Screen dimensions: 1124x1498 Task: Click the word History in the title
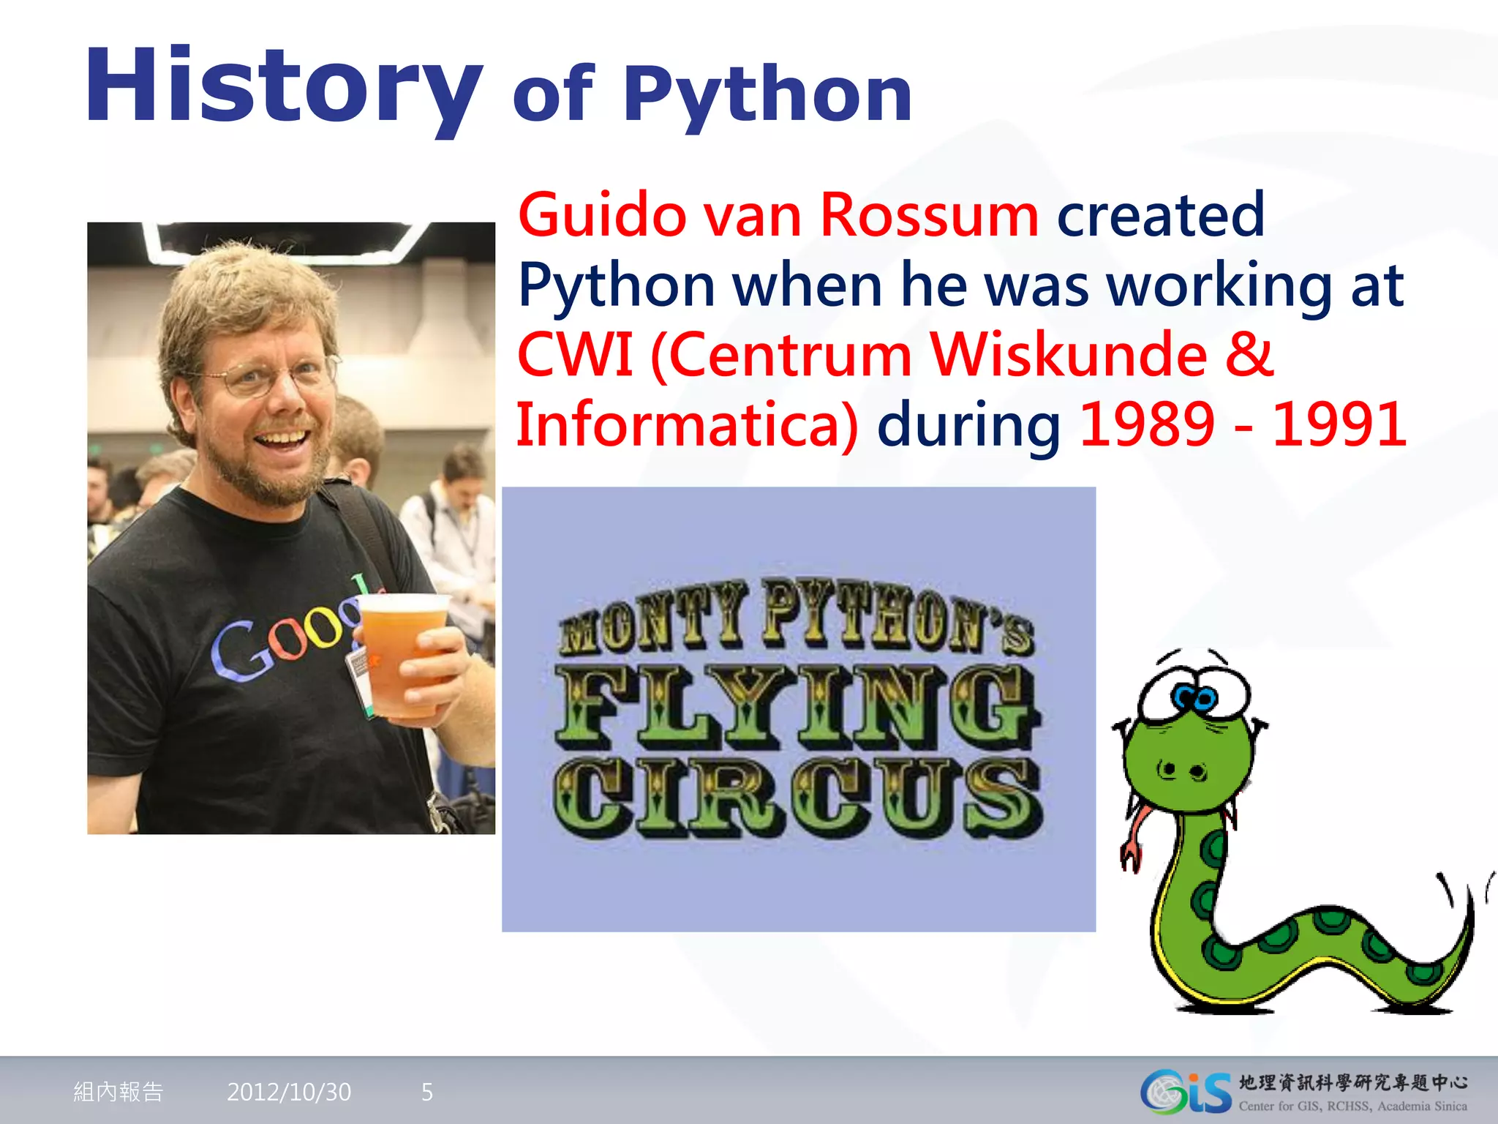pyautogui.click(x=284, y=86)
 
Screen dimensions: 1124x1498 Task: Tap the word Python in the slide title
pyautogui.click(x=767, y=95)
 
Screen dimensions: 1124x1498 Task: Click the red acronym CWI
pyautogui.click(x=575, y=356)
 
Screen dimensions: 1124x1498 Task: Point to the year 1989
pyautogui.click(x=1146, y=424)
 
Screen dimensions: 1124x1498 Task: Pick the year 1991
pyautogui.click(x=1339, y=424)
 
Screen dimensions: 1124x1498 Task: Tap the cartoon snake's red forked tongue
pyautogui.click(x=1134, y=842)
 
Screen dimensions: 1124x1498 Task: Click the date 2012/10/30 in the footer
pyautogui.click(x=289, y=1092)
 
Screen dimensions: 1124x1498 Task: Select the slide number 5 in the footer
pyautogui.click(x=427, y=1092)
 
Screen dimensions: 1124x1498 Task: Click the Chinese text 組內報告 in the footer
pyautogui.click(x=118, y=1092)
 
